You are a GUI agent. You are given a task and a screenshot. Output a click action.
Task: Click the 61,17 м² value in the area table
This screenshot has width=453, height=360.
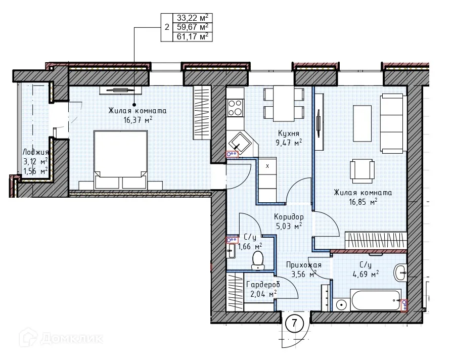(193, 37)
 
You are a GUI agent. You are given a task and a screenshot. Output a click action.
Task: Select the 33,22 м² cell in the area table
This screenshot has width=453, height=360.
(193, 18)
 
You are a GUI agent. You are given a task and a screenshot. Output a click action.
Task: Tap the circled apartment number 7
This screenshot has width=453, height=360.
(294, 323)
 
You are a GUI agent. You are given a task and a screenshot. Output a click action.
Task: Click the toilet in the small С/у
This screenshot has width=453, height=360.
(257, 260)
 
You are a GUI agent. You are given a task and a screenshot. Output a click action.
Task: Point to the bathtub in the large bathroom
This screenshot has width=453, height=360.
(375, 300)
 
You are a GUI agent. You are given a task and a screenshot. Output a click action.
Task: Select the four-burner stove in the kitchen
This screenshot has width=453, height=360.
(235, 108)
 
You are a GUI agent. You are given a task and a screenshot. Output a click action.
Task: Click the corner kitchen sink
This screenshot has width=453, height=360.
(239, 143)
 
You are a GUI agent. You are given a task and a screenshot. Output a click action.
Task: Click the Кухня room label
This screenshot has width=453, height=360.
(289, 133)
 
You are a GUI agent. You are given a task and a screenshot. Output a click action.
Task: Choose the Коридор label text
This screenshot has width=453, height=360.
(289, 216)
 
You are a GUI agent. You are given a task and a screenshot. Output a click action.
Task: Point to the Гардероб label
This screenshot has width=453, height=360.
(263, 284)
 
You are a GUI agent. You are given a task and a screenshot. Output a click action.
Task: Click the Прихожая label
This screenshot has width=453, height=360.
(304, 264)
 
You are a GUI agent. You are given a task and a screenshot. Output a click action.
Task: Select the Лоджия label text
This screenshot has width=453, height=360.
(36, 152)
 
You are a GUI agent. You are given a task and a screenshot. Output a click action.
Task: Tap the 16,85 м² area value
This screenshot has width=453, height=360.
(363, 202)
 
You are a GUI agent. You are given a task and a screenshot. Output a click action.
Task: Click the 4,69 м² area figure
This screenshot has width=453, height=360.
(366, 274)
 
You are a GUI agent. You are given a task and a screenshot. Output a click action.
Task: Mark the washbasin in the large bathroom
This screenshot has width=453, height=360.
(400, 272)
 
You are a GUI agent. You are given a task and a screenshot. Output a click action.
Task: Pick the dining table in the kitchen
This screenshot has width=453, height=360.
(284, 104)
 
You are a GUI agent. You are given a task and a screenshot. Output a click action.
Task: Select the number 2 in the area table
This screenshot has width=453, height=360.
(167, 27)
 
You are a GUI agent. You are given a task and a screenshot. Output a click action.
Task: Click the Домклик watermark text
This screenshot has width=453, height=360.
(72, 338)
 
